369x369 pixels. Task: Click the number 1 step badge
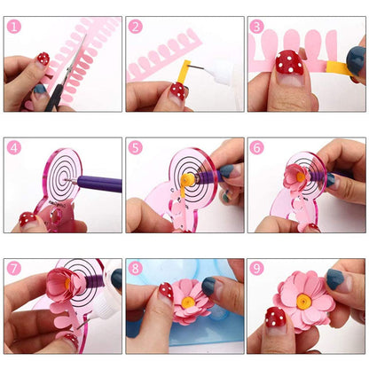point(13,27)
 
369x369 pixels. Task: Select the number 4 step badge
point(13,147)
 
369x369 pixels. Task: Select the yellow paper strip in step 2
point(184,73)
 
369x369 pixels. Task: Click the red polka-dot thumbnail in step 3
point(290,64)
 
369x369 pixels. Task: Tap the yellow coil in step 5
point(187,180)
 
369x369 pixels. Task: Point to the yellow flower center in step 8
point(187,305)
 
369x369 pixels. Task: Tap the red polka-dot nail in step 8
point(165,290)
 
